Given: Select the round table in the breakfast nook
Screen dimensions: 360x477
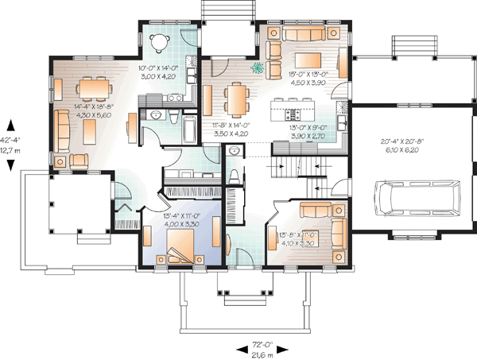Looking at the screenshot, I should [162, 41].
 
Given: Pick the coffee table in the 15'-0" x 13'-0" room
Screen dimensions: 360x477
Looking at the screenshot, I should [307, 61].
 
